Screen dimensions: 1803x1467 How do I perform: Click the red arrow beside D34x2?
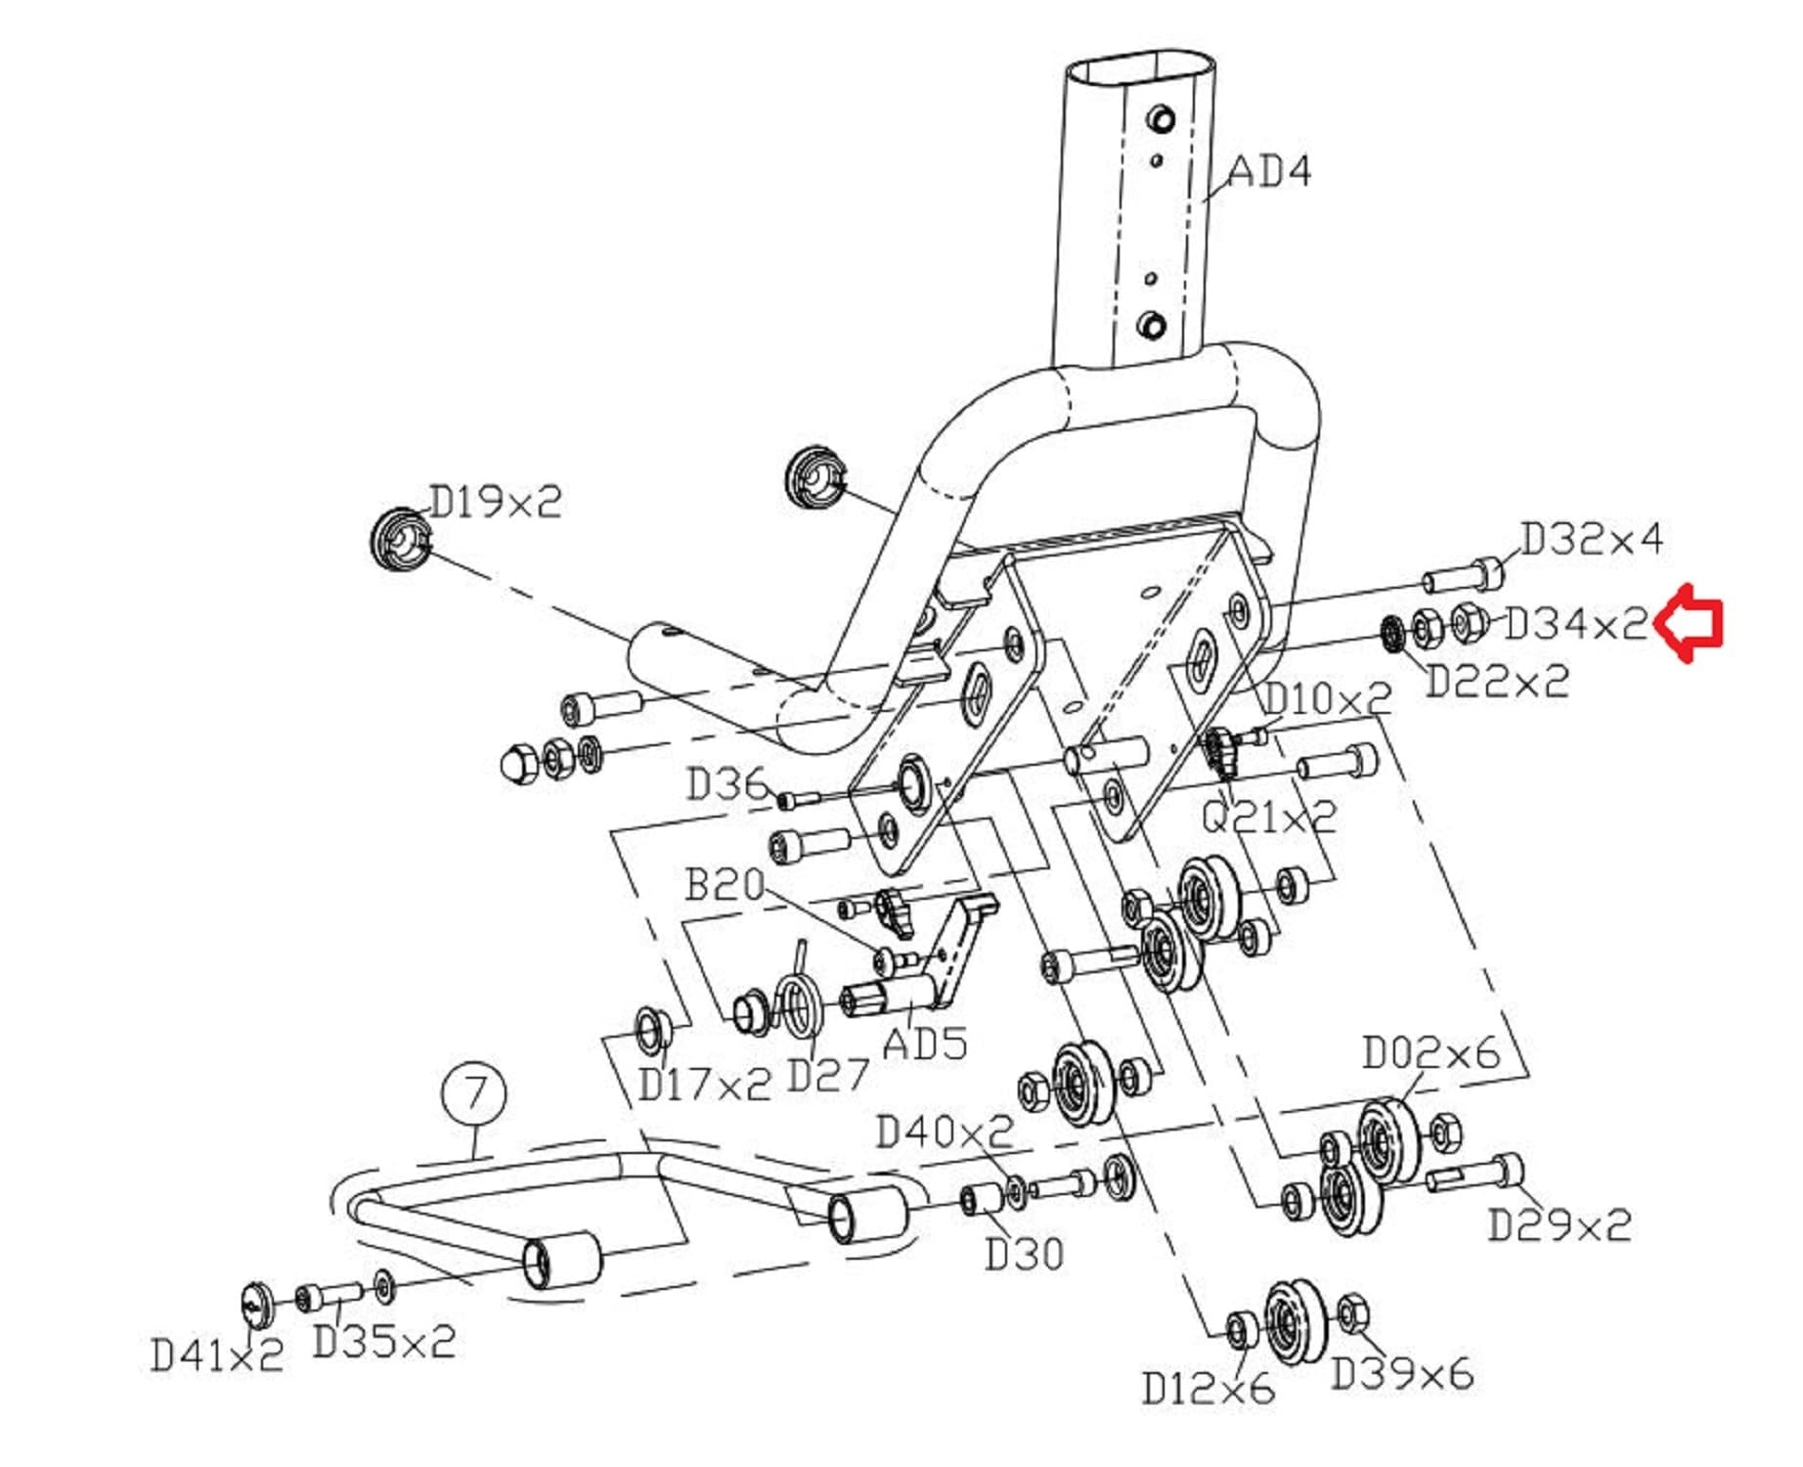pos(1689,624)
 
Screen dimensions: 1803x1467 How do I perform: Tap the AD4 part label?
pos(1269,171)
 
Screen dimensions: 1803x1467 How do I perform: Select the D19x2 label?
pos(496,502)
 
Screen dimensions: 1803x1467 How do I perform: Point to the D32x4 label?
pos(1591,538)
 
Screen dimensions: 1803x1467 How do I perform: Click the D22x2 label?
pos(1497,681)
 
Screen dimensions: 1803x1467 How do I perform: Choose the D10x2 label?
pos(1327,698)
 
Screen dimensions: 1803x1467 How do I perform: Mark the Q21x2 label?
pos(1268,815)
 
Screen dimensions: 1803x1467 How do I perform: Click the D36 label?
pos(726,783)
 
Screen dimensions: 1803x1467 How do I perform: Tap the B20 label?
pos(725,884)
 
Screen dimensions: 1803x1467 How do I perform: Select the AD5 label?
pos(924,1043)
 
